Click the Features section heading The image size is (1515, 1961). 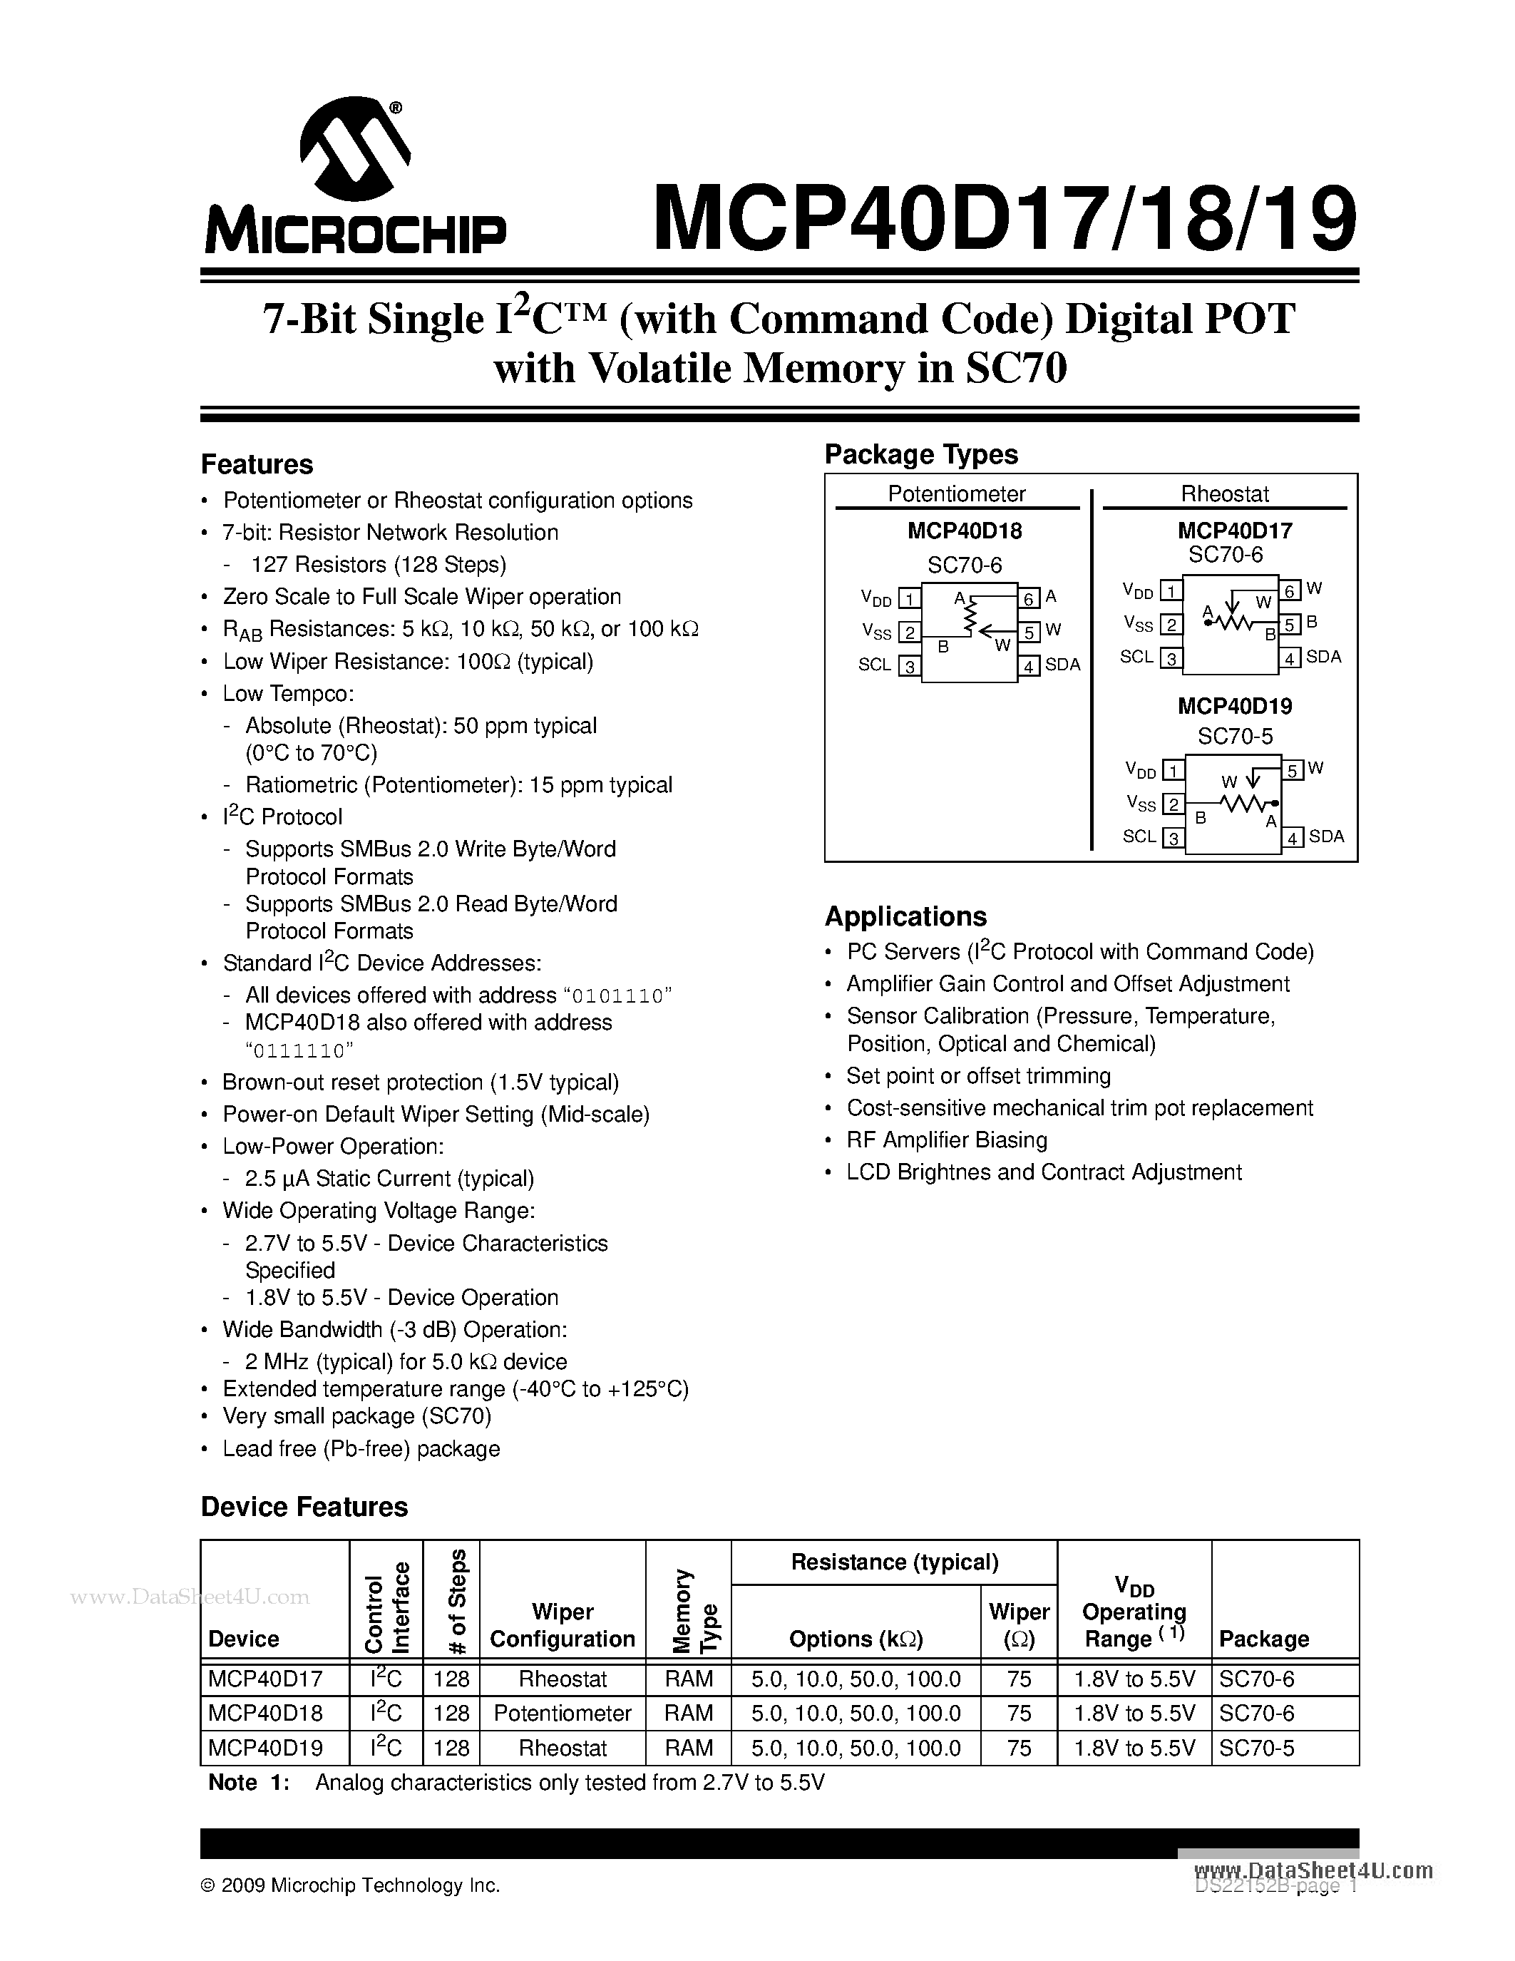point(257,464)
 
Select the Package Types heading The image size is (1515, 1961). point(921,454)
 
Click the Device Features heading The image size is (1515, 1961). point(304,1507)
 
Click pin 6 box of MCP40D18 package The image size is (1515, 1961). point(1029,598)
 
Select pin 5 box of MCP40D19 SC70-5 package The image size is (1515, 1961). point(1293,770)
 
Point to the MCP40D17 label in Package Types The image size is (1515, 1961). point(1235,531)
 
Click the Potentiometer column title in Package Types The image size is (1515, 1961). point(956,494)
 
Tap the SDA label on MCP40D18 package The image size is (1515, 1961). point(1063,665)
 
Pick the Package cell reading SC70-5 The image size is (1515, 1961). point(1256,1748)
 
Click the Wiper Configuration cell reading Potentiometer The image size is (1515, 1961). point(563,1713)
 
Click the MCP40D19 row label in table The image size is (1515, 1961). point(265,1748)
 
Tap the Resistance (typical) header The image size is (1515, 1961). point(894,1562)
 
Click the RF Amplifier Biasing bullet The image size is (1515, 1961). point(946,1140)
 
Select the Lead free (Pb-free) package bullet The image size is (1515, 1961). point(361,1448)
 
